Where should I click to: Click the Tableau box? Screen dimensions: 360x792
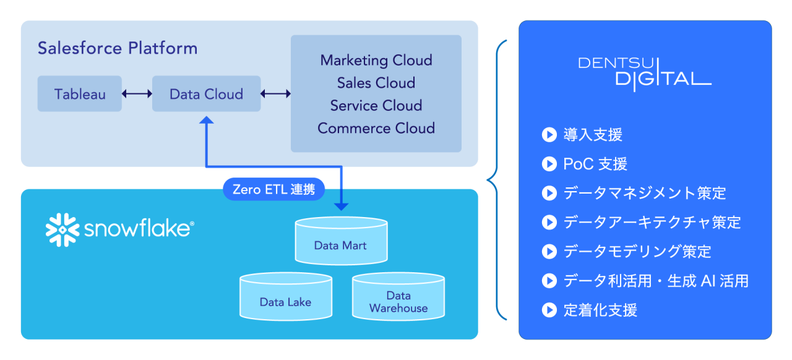(x=80, y=94)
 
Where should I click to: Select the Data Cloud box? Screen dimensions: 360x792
(x=206, y=94)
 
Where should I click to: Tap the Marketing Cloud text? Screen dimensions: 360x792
(x=376, y=61)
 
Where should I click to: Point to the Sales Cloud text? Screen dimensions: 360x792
(x=376, y=83)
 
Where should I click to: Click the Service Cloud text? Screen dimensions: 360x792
(x=376, y=106)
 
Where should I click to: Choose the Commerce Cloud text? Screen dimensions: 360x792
(x=376, y=128)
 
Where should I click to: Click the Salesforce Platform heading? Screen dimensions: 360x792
(x=118, y=48)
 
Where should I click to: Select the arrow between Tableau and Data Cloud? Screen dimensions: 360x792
(x=137, y=94)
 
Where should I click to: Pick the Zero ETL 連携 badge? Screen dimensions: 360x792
(x=273, y=189)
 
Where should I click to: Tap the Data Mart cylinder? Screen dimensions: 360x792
(x=340, y=241)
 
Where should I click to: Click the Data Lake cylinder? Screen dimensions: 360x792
(x=285, y=298)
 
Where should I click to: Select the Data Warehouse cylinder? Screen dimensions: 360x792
(x=398, y=298)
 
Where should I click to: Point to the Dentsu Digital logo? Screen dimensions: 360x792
(x=645, y=71)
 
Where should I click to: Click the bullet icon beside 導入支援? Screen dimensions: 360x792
(x=549, y=135)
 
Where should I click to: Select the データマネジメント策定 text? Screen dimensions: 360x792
(x=645, y=193)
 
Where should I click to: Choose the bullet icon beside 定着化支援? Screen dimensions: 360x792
(x=549, y=310)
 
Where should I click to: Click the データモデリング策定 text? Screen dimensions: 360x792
(x=637, y=252)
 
